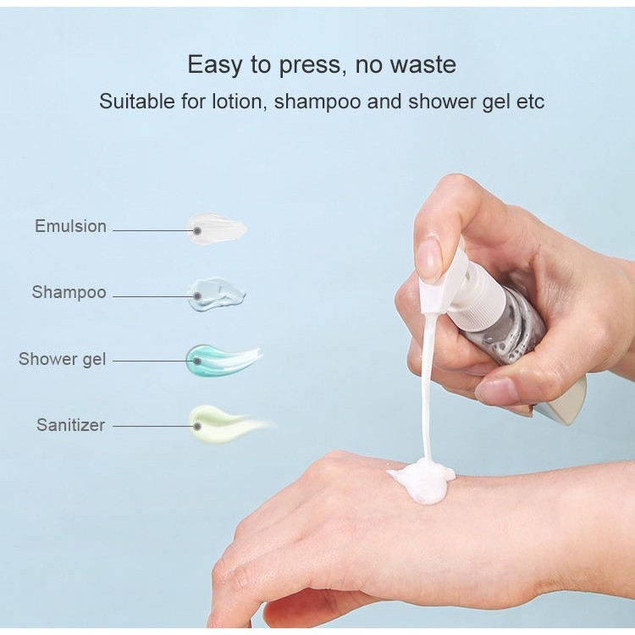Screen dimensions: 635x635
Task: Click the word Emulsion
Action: point(70,226)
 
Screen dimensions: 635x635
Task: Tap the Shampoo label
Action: point(69,292)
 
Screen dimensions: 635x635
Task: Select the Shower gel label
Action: point(62,359)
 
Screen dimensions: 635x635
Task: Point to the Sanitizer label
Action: point(70,425)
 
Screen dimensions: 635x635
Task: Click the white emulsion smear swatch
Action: point(217,229)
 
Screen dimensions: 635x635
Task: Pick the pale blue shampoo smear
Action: point(216,294)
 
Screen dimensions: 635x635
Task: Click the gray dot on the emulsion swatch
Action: point(197,231)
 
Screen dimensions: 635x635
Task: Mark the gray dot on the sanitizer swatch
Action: point(197,426)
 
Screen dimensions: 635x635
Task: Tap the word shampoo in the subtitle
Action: point(317,102)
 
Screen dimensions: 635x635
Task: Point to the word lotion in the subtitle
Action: point(238,102)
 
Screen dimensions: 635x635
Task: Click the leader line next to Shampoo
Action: point(153,296)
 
